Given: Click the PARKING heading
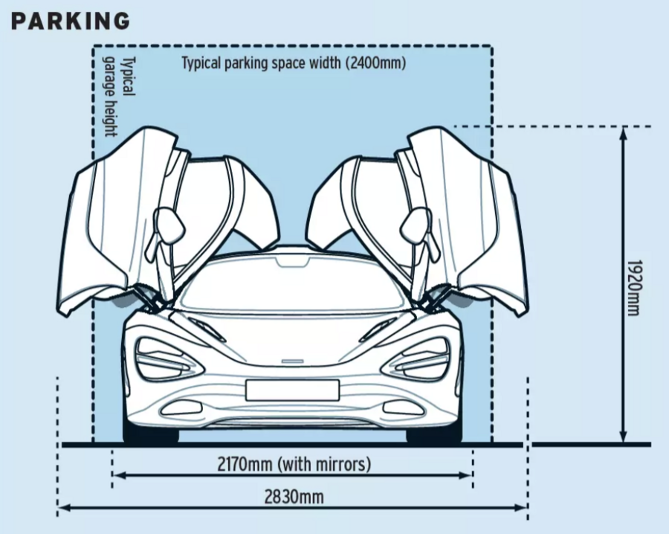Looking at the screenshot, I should coord(71,21).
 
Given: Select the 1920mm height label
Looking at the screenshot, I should coord(633,287).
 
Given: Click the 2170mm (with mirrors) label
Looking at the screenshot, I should coord(294,465).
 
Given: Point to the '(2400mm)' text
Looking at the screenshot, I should coord(375,62).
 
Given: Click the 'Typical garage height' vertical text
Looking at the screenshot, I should coord(118,97).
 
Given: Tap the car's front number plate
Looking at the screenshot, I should coord(292,390).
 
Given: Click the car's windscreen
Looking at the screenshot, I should coord(292,286).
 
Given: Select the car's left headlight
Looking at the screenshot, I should coord(165,358).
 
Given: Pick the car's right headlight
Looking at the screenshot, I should coord(418,358).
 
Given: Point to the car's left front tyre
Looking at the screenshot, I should coord(151,435).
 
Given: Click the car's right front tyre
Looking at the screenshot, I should coord(433,435).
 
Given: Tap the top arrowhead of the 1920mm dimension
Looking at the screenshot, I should coord(624,132).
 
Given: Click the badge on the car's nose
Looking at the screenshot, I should coord(292,362).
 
